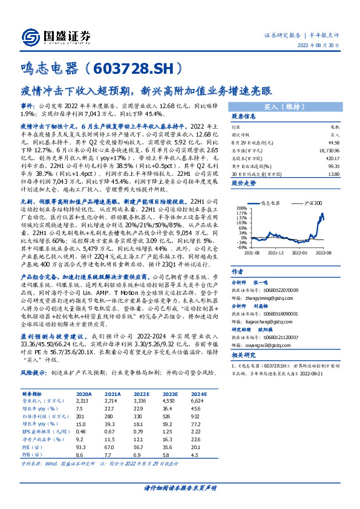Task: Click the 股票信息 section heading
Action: click(244, 117)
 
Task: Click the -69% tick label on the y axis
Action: click(242, 247)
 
